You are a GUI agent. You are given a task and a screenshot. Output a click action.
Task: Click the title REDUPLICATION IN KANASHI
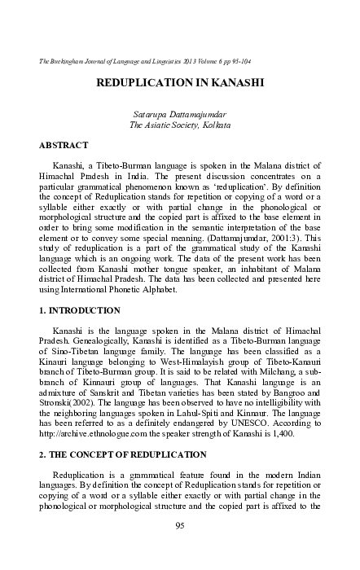point(180,83)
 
